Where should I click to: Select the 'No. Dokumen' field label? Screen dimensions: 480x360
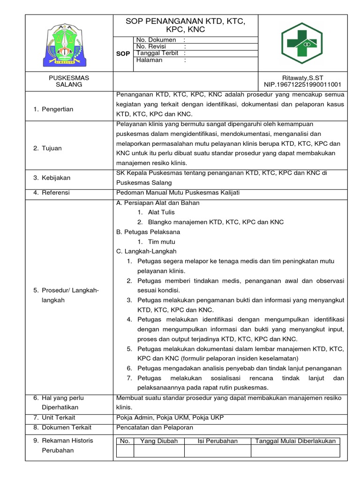(156, 40)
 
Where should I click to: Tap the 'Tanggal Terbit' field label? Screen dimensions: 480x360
(157, 53)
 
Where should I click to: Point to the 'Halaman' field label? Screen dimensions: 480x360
(149, 60)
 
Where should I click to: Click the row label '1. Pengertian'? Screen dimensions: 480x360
(53, 109)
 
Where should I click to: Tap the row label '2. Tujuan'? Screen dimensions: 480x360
(47, 148)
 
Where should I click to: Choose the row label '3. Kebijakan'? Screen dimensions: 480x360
(52, 178)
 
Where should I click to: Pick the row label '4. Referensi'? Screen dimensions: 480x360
(52, 192)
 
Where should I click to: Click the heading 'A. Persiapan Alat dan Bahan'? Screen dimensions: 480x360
(157, 202)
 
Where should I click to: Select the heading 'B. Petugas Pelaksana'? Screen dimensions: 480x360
(148, 232)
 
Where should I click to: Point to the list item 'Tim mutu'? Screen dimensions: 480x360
(161, 242)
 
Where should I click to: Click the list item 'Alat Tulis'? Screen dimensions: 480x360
(161, 212)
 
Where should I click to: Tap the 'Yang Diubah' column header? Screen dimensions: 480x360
(159, 441)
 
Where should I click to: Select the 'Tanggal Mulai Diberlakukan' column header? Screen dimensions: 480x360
(295, 441)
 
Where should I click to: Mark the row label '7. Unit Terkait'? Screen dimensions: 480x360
(54, 417)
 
